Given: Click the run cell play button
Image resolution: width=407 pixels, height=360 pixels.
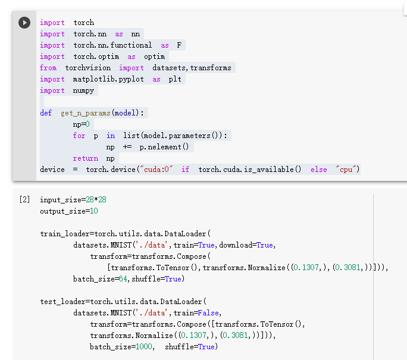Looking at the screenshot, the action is (24, 23).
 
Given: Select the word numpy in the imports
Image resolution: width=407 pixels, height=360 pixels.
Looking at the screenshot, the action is (83, 90).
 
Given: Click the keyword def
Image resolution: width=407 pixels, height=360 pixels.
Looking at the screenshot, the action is (46, 113).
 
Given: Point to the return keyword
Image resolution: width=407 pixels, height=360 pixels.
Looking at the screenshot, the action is (86, 158).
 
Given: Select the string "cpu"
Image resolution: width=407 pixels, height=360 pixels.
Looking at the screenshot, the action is (347, 170).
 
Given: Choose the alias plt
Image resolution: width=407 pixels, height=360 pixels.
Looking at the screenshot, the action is (175, 79).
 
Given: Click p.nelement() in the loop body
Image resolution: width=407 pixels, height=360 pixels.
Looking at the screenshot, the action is (164, 147).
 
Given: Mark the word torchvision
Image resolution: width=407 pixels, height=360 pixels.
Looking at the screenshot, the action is (89, 68).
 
